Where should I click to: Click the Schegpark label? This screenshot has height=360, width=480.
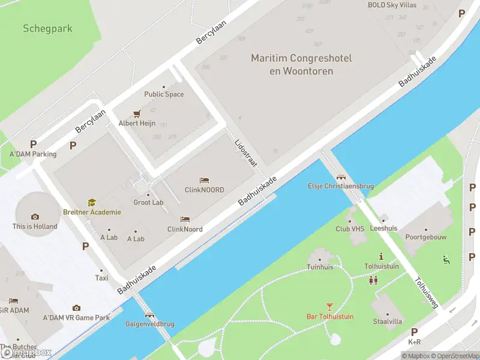[47, 28]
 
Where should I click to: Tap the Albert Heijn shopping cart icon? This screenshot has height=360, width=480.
[137, 113]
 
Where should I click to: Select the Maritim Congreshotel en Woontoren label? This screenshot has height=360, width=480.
[301, 65]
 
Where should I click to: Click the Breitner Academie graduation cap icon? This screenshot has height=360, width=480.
[92, 203]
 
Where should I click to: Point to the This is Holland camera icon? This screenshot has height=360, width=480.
[35, 217]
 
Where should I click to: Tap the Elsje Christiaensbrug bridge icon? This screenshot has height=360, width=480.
[341, 177]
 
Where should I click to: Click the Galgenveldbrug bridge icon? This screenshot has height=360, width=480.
[149, 314]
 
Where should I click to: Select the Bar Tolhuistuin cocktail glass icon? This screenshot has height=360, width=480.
[329, 307]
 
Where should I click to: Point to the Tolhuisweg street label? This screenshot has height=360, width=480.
[425, 293]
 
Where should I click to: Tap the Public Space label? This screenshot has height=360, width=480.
[164, 94]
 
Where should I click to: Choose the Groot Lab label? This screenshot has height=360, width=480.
[148, 202]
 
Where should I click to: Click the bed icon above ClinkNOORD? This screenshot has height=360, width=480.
[204, 180]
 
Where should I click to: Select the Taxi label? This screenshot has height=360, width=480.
[102, 278]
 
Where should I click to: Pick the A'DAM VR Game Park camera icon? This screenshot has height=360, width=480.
[76, 308]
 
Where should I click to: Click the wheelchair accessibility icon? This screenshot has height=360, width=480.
[446, 260]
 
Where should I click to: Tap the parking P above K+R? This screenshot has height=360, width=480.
[414, 332]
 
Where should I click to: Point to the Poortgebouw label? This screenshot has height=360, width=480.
[426, 237]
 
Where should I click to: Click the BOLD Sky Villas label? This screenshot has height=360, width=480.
[392, 5]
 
